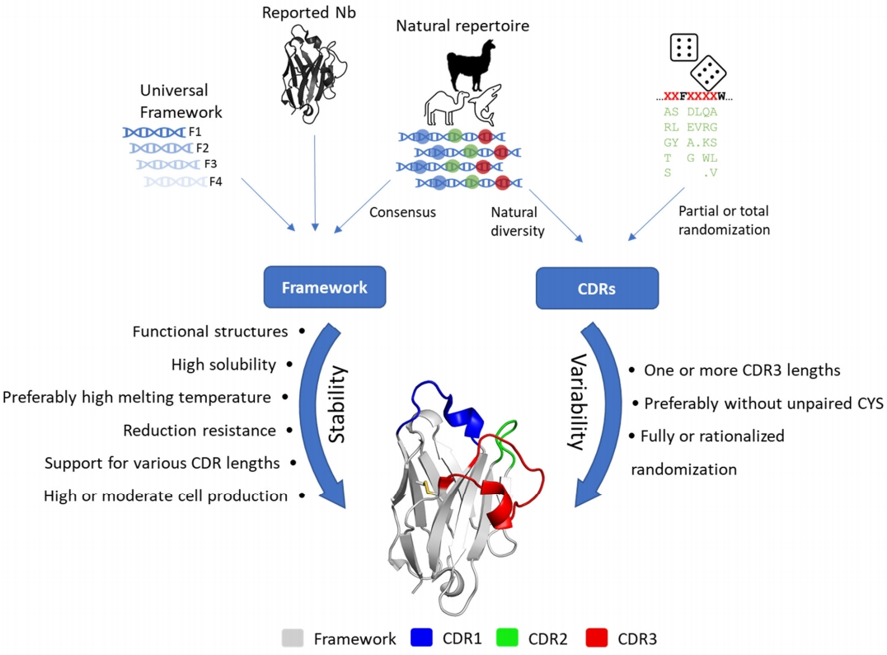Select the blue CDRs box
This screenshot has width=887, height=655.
click(x=598, y=288)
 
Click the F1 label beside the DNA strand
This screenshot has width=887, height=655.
click(x=195, y=131)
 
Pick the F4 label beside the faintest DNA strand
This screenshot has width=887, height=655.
click(x=215, y=181)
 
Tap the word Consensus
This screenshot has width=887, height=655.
click(x=402, y=212)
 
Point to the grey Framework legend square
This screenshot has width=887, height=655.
click(x=293, y=637)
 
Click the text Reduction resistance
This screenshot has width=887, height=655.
click(x=199, y=430)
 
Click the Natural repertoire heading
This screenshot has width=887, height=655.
click(x=462, y=26)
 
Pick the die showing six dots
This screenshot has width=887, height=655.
click(x=682, y=47)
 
